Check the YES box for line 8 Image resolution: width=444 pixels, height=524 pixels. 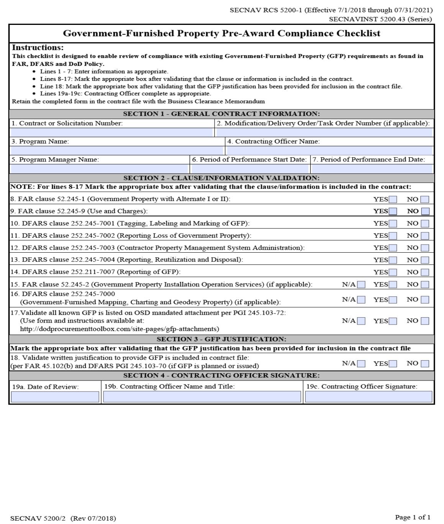393,199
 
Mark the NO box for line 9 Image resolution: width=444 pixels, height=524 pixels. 425,211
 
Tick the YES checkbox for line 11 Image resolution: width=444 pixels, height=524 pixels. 393,236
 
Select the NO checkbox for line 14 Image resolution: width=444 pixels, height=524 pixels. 425,273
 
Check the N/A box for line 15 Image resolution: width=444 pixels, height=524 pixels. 361,285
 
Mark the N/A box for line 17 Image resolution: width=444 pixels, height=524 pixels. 361,321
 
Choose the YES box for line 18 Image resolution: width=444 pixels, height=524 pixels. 393,364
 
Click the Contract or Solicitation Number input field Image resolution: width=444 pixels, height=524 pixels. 111,132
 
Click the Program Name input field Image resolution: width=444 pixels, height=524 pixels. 117,150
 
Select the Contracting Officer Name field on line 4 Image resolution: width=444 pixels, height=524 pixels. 329,150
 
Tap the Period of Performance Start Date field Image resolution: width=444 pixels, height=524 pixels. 250,169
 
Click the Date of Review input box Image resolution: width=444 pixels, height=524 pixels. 55,397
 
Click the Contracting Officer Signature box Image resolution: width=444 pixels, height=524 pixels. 369,397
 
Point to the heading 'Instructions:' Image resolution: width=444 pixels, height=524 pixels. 38,48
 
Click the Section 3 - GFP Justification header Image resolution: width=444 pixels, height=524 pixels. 221,339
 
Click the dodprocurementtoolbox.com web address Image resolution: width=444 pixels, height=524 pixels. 120,329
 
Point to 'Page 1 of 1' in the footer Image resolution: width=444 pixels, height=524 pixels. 413,517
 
